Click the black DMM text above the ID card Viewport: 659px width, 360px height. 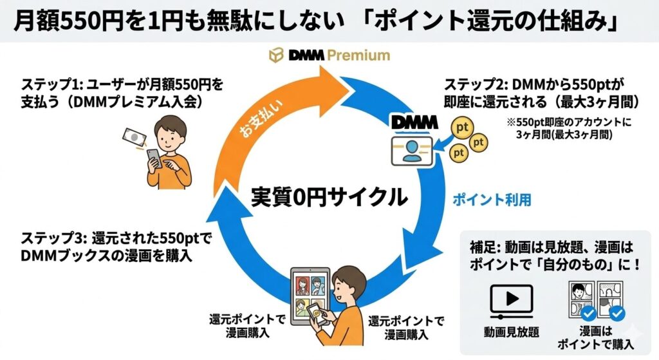[x=414, y=122]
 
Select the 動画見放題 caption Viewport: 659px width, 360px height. [x=511, y=332]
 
